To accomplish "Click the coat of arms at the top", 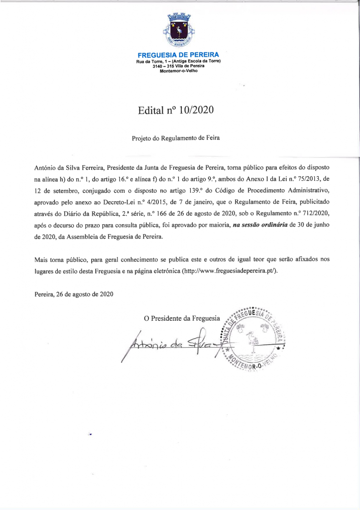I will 179,31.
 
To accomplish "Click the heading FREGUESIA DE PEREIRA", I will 178,54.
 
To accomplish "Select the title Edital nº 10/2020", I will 177,111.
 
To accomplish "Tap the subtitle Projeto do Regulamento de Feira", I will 176,138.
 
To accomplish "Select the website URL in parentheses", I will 230,271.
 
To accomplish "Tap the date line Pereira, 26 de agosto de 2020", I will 74,294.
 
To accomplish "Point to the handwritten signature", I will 169,344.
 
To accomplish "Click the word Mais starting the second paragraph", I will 42,259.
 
